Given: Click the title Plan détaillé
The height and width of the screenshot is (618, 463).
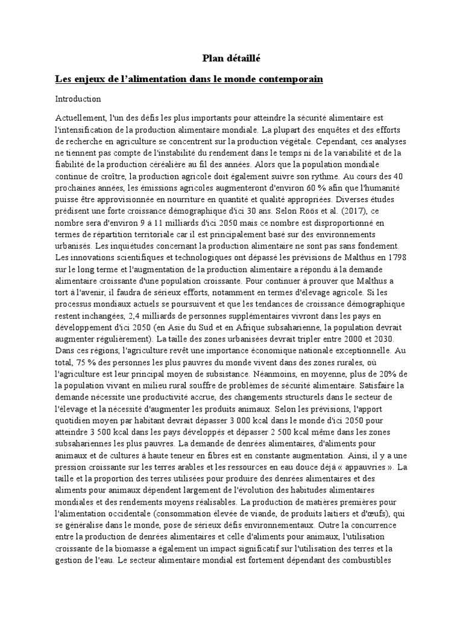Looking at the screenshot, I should (231, 58).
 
